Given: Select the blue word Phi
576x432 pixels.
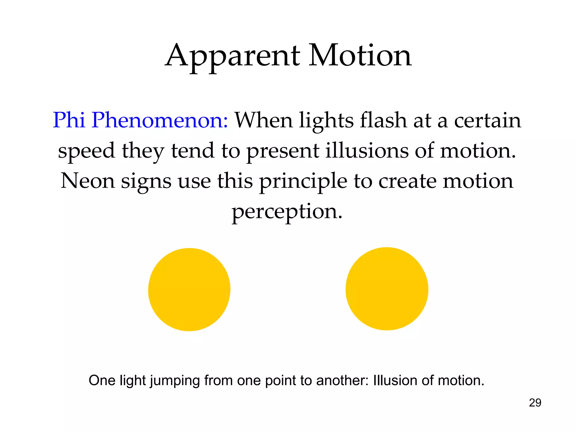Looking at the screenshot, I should [x=69, y=120].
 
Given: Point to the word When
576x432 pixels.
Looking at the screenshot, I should [x=264, y=120].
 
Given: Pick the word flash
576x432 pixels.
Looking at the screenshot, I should [x=383, y=120].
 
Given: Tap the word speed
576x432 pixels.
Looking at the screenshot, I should [x=86, y=151].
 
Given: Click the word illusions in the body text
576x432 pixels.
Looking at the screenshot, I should [x=366, y=151].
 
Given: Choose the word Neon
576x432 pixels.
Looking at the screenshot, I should [x=88, y=181].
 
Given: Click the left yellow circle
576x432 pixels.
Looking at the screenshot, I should [x=189, y=290].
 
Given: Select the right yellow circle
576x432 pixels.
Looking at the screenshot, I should [x=387, y=289].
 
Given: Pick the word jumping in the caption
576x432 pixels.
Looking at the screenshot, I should [x=174, y=381].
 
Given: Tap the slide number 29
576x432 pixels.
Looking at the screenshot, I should [x=535, y=403].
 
